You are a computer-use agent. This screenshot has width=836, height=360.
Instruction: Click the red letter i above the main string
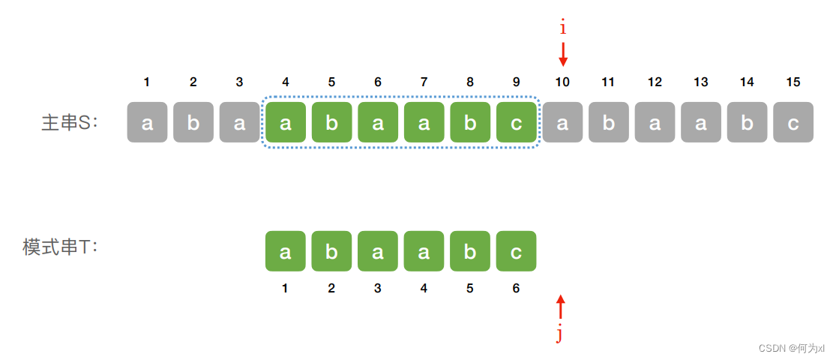click(x=563, y=28)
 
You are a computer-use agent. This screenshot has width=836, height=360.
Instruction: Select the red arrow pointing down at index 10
click(x=563, y=54)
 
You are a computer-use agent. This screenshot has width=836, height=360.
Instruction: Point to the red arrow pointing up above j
click(x=559, y=307)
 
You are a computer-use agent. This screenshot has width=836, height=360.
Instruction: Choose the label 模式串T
click(x=61, y=247)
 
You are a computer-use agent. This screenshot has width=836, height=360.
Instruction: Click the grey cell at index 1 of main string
click(x=147, y=123)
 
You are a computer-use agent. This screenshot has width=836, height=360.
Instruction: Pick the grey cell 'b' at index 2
click(x=193, y=123)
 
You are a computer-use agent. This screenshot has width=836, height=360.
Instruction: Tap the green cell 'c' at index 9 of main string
click(x=516, y=123)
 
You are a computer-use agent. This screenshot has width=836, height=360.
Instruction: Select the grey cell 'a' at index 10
click(x=562, y=123)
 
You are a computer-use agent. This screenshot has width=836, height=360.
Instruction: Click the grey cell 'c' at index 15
click(x=793, y=123)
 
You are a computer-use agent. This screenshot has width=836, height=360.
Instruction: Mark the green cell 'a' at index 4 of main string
click(x=285, y=123)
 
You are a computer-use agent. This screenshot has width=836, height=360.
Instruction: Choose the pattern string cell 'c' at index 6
click(x=516, y=251)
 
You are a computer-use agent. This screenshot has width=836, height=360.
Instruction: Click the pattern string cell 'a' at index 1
click(x=285, y=251)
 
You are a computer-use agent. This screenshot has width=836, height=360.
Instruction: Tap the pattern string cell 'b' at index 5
click(x=470, y=251)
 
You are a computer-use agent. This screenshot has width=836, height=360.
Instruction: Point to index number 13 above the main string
click(x=700, y=82)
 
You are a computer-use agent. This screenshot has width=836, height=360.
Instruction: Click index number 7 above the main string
click(x=424, y=82)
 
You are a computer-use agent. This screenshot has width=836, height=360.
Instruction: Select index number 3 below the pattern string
click(x=377, y=288)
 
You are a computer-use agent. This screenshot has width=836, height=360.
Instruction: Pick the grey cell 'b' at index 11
click(x=608, y=123)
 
